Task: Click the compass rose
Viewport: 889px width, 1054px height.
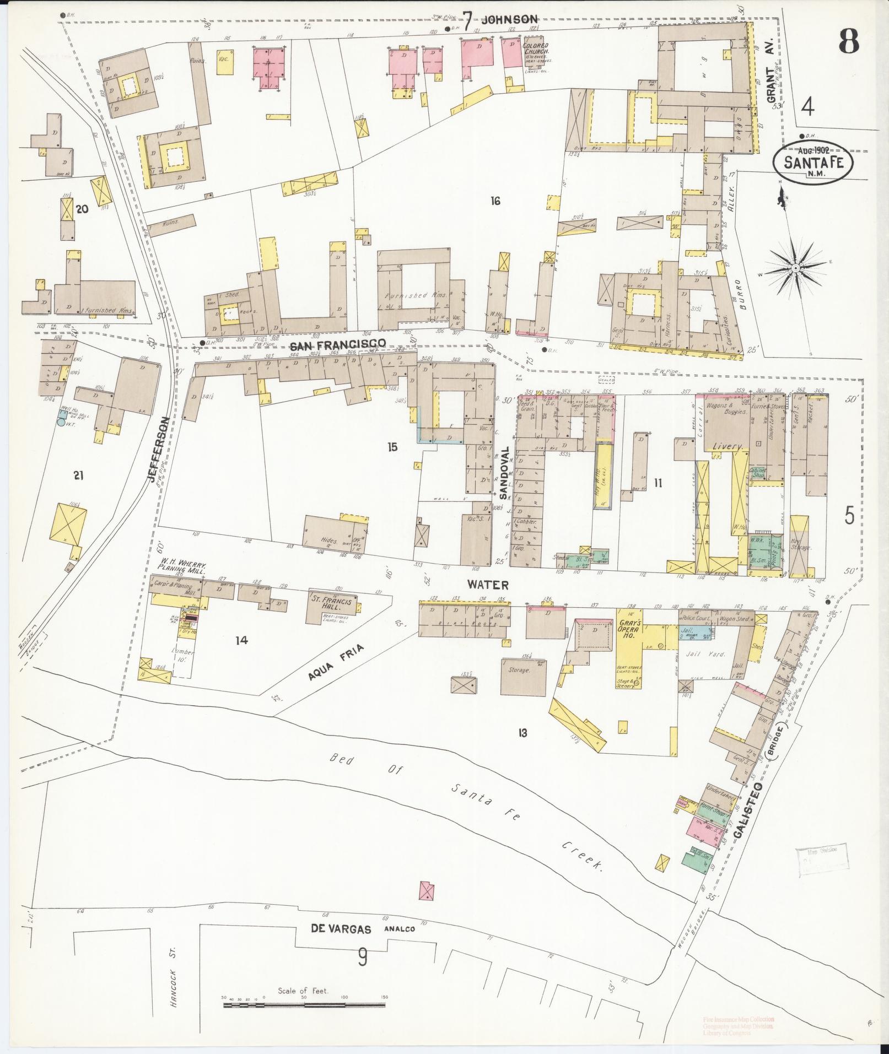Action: (796, 268)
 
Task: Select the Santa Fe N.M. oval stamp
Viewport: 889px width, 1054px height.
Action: (812, 161)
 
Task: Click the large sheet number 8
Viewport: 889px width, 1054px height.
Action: (849, 40)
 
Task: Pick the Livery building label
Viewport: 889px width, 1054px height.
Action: (728, 446)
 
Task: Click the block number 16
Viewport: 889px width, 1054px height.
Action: (495, 201)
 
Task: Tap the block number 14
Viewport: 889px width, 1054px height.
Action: (241, 640)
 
